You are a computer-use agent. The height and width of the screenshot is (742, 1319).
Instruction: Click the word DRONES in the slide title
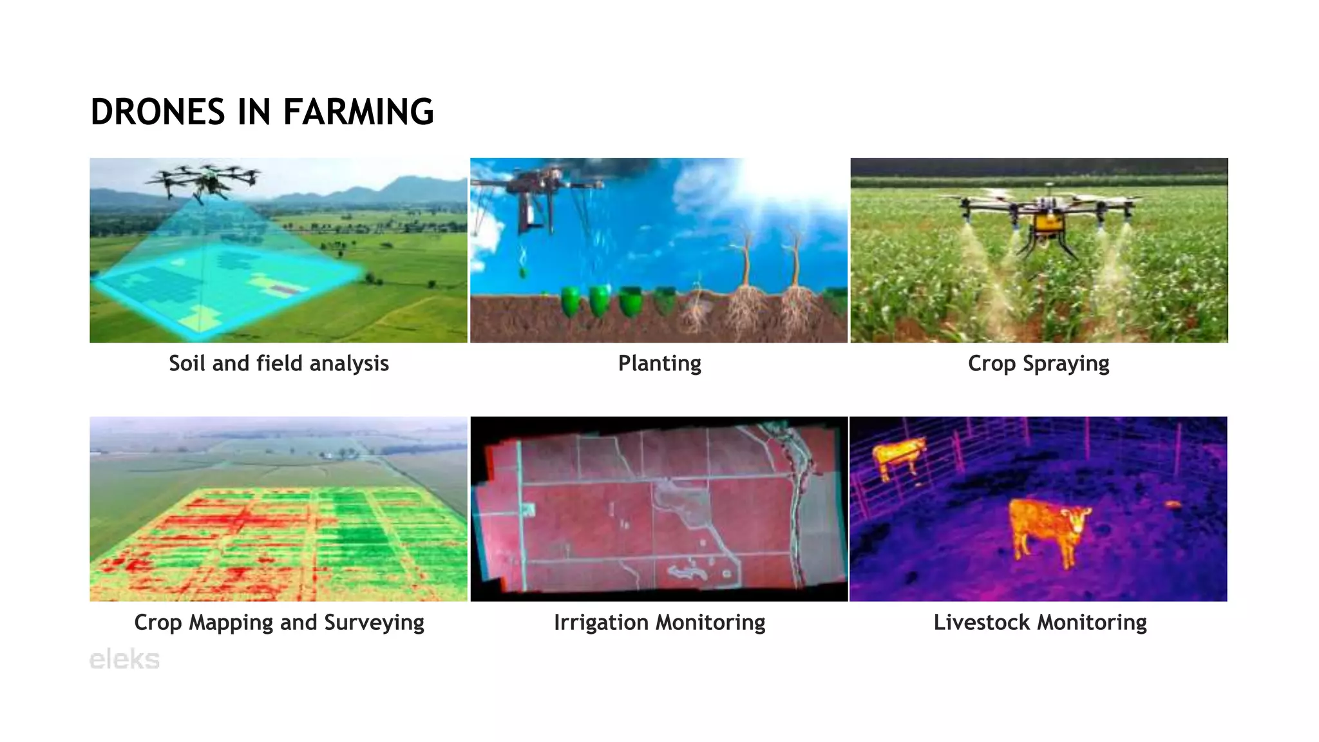point(158,112)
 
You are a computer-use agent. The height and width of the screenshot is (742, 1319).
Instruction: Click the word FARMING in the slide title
point(358,112)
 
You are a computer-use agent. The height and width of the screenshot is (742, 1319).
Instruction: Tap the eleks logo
point(124,660)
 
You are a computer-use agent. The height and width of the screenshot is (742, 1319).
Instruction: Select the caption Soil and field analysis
point(278,363)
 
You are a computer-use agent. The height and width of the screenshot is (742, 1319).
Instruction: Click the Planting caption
point(659,363)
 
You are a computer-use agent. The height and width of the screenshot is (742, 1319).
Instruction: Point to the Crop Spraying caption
point(1038,363)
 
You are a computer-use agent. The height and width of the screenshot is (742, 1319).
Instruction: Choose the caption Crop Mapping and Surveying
point(279,622)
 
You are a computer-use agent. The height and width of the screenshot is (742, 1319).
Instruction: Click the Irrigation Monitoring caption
point(659,622)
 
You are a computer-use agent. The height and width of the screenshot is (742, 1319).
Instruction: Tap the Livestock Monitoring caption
point(1040,622)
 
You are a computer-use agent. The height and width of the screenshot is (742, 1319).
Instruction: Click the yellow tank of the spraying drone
point(1047,223)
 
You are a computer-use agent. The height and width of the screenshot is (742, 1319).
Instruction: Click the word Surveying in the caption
point(374,622)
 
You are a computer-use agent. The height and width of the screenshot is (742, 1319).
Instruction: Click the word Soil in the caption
point(187,363)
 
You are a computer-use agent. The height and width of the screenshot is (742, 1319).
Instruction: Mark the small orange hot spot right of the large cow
point(1172,504)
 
